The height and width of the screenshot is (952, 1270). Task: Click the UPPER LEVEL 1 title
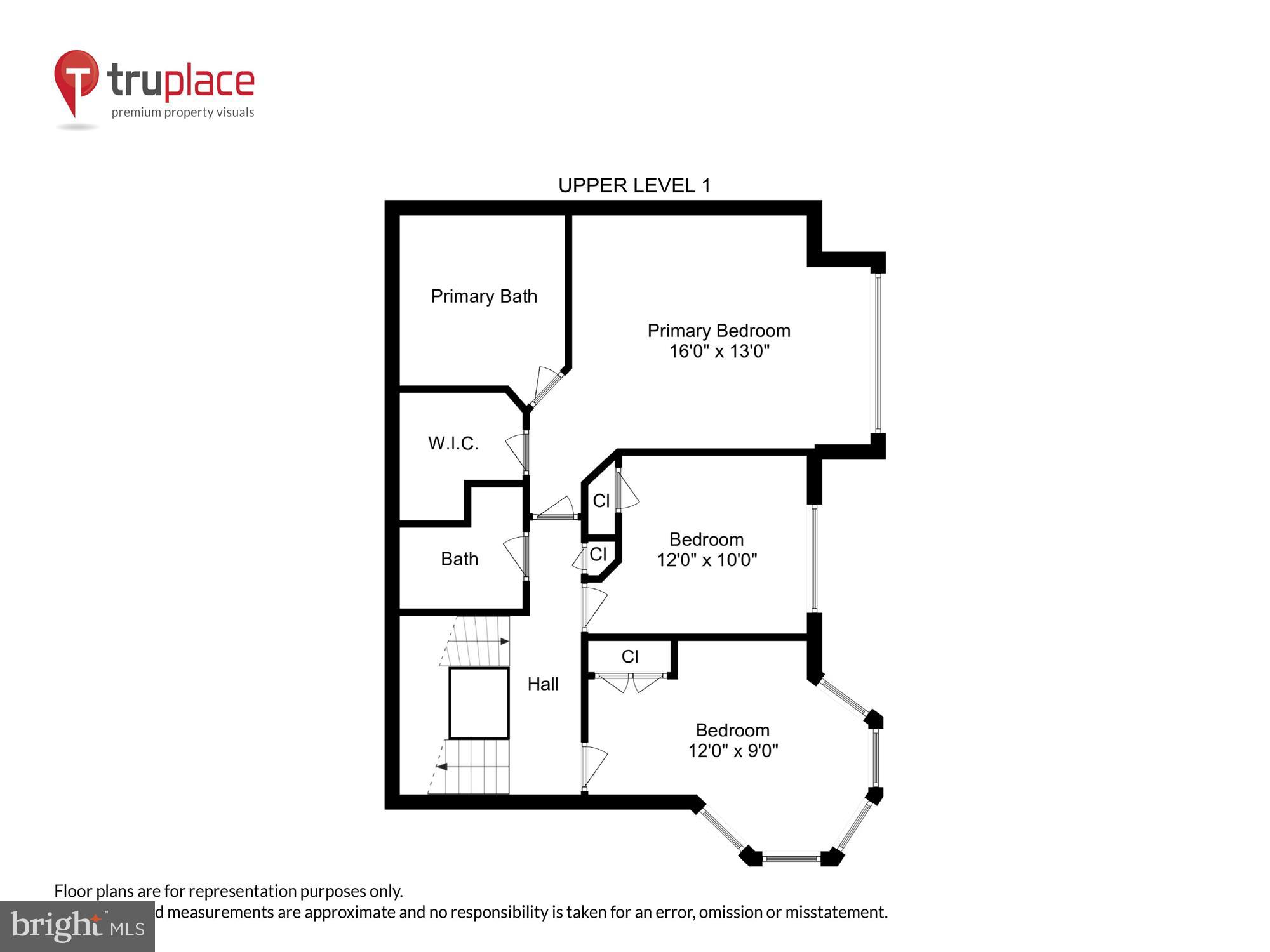[634, 185]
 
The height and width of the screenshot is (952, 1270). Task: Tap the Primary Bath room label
[484, 296]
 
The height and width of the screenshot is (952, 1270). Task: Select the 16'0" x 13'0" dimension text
[719, 351]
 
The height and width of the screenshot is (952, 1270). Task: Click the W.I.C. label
[453, 443]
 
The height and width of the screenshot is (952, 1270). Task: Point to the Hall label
[543, 684]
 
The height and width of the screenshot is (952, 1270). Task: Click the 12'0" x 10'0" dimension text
[706, 560]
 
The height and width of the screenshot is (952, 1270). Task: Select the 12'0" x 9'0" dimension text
[733, 751]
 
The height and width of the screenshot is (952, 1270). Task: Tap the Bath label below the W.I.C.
[459, 559]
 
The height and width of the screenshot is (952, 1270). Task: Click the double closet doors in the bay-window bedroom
[631, 682]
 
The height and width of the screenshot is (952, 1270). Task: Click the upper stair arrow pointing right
[504, 641]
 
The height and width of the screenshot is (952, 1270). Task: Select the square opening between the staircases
[479, 703]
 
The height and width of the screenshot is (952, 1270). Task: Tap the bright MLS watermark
[77, 927]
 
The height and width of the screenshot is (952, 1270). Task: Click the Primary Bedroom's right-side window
[878, 353]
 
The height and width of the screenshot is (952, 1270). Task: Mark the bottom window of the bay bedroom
[791, 859]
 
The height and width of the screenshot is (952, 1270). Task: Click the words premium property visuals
[183, 112]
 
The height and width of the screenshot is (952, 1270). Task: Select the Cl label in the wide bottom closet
[629, 656]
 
